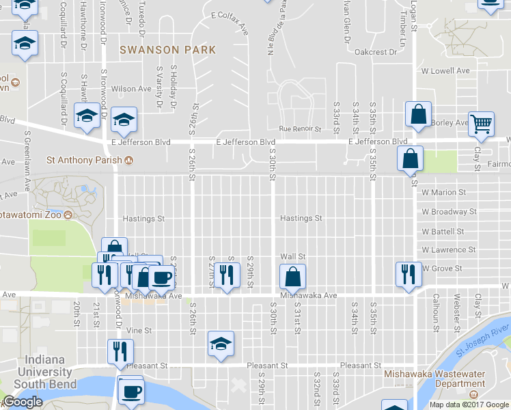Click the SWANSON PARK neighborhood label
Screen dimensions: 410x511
tap(167, 50)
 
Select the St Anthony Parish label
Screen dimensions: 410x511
tap(83, 161)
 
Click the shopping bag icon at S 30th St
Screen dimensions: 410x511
tap(292, 277)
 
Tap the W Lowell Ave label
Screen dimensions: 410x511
tap(445, 71)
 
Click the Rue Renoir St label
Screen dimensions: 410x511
tap(300, 128)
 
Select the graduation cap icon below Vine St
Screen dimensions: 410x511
tap(221, 343)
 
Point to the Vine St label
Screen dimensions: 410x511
tap(139, 330)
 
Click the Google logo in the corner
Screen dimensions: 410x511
tap(22, 402)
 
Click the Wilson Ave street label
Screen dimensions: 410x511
tap(131, 89)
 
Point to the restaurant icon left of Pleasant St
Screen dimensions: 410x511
tap(120, 352)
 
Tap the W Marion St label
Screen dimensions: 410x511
tap(444, 193)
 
